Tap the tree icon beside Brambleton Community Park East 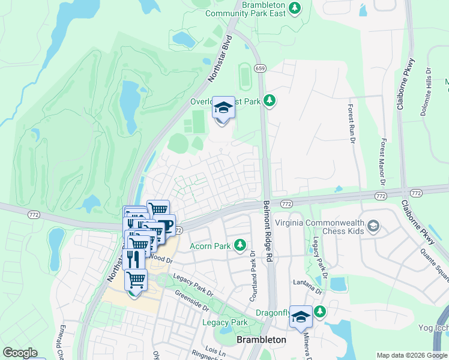point(294,8)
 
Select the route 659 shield point(260,69)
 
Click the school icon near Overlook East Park point(223,108)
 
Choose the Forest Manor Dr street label point(383,161)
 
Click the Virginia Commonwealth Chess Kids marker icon point(373,226)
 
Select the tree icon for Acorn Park point(240,245)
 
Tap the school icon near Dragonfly point(300,316)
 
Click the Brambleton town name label point(261,340)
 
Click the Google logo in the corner point(20,353)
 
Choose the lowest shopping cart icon point(136,280)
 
